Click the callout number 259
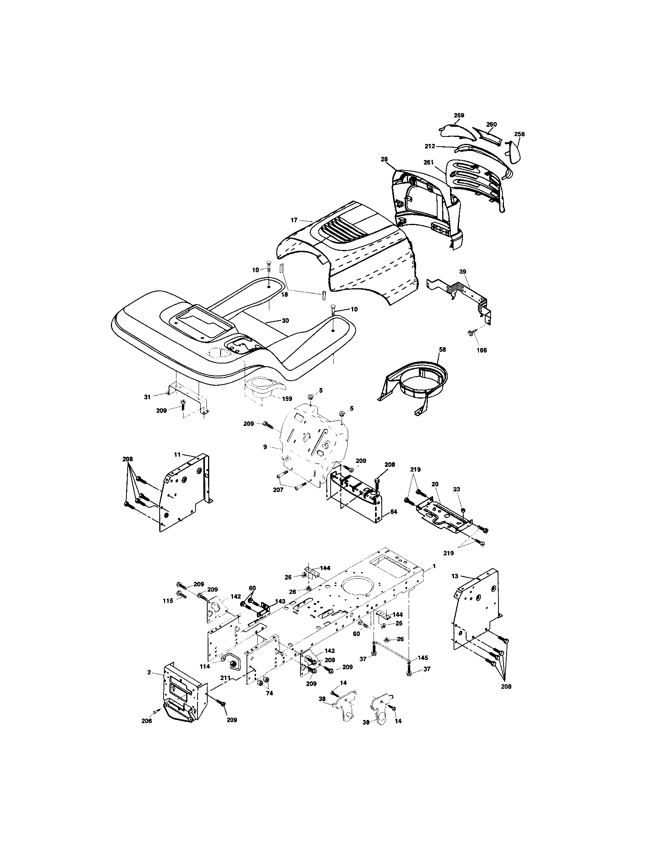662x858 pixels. pos(459,115)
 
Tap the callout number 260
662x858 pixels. pos(491,124)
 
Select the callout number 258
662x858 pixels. pos(519,134)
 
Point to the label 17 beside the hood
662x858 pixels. pos(294,220)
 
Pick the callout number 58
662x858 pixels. pos(443,349)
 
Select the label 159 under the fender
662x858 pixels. pos(287,398)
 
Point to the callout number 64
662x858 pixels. pos(394,512)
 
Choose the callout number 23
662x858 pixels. pos(456,489)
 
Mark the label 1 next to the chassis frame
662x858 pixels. pos(434,567)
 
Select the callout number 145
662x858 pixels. pos(423,658)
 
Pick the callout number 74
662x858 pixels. pos(269,693)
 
